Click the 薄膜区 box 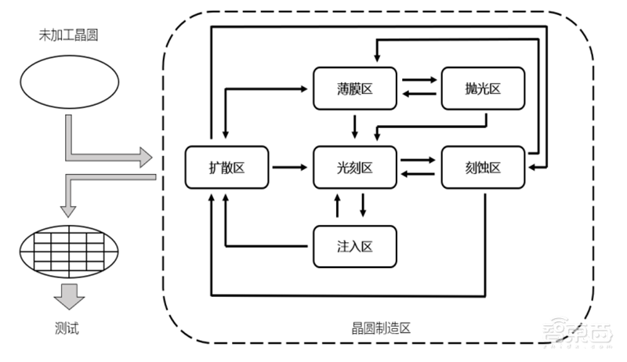(355, 89)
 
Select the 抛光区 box (482, 89)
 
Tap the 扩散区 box (227, 167)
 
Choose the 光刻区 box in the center (355, 167)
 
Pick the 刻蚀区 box (482, 167)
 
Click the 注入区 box (355, 246)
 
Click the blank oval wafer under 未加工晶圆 (69, 81)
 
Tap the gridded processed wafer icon (69, 254)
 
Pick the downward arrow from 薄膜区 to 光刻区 (355, 125)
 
